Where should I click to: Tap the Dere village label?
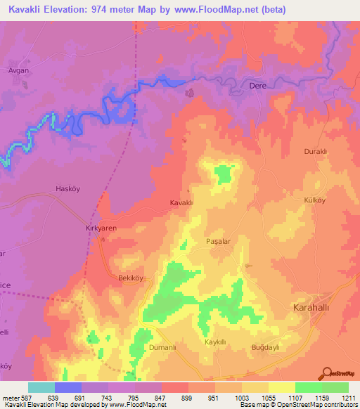[x=259, y=86]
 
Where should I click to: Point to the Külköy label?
[x=314, y=200]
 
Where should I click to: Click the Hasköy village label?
[x=69, y=188]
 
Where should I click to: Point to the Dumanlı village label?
[x=161, y=347]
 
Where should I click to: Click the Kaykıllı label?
[x=214, y=342]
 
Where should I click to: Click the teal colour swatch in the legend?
[x=41, y=387]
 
